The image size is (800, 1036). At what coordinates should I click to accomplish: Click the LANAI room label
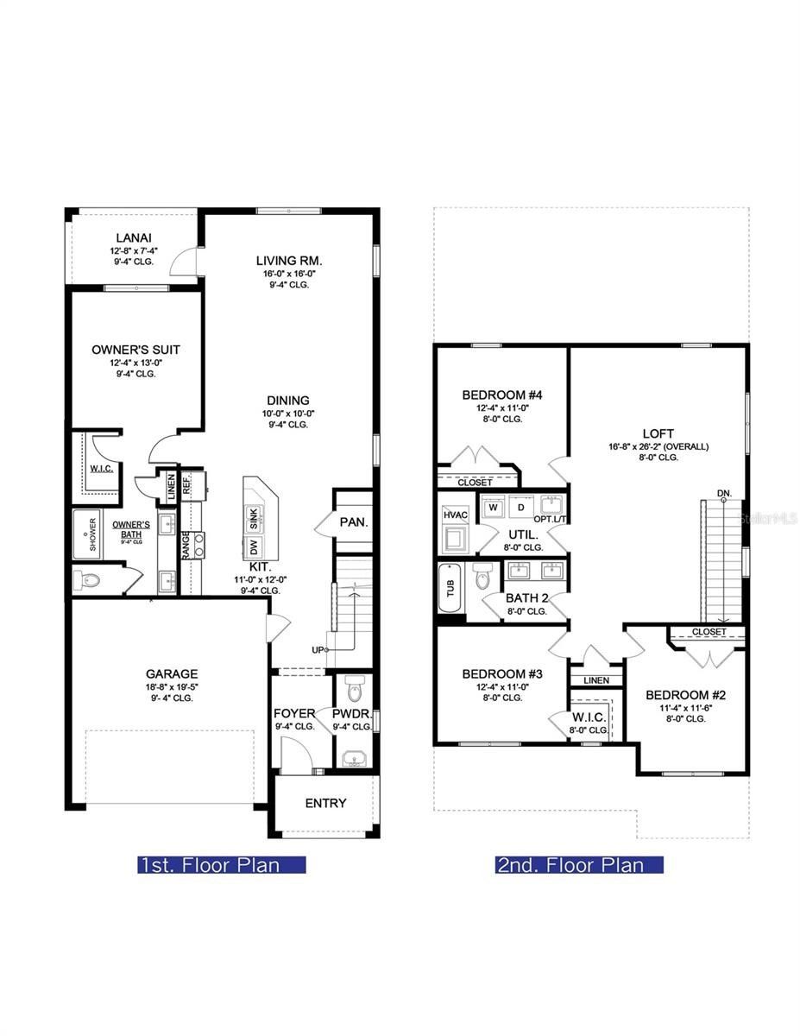click(x=135, y=237)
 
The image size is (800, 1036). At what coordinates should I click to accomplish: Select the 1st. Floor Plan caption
click(x=222, y=864)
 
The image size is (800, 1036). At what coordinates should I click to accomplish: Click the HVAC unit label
click(x=455, y=515)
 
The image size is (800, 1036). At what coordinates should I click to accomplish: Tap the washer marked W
click(x=493, y=508)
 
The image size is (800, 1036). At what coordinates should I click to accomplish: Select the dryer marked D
click(x=521, y=508)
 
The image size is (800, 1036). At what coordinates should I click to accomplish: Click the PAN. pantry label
click(x=354, y=522)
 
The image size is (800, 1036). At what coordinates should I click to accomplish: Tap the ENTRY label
click(x=325, y=803)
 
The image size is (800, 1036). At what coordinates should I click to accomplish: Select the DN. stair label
click(x=724, y=493)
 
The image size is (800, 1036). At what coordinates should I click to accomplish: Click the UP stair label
click(x=318, y=649)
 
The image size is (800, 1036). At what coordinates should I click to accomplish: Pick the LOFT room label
click(x=658, y=433)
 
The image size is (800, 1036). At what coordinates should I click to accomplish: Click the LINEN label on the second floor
click(x=595, y=680)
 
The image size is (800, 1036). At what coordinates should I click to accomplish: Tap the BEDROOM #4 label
click(x=501, y=395)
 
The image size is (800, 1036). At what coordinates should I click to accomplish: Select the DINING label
click(x=287, y=401)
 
